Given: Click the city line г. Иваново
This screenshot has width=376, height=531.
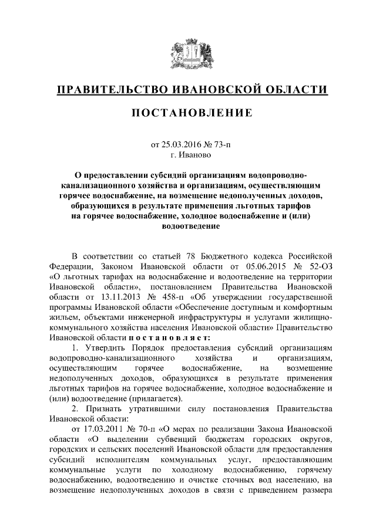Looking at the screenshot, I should pos(188,155).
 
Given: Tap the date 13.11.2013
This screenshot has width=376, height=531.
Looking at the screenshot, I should pos(105,297).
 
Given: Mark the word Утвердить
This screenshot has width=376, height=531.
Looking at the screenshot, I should pos(100,349).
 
